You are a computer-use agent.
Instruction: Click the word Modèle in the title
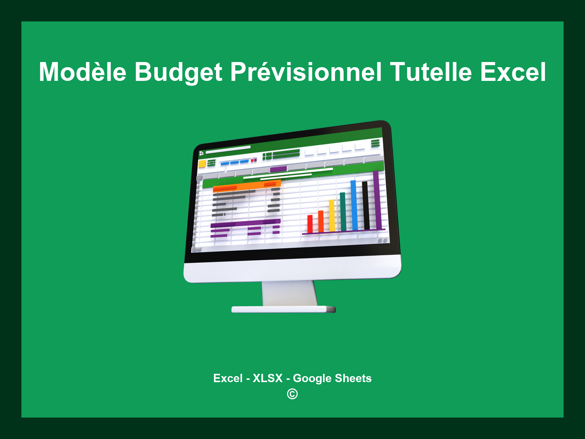(x=83, y=72)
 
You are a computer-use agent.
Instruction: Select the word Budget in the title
(x=178, y=73)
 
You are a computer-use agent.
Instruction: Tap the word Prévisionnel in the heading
(x=306, y=72)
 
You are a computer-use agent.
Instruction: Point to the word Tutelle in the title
(x=431, y=72)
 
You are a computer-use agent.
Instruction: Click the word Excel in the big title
(x=513, y=72)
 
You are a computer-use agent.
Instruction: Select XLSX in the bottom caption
(x=268, y=378)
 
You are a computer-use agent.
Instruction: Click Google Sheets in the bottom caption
(x=332, y=378)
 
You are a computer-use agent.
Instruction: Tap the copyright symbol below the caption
(x=292, y=394)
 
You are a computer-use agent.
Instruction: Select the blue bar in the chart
(x=354, y=205)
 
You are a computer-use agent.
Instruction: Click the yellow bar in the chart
(x=332, y=215)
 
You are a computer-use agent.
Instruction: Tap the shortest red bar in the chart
(x=310, y=224)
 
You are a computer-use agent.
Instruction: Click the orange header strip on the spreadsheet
(x=247, y=186)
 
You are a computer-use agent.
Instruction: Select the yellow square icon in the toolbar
(x=202, y=164)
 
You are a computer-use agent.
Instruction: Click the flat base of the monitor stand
(x=283, y=309)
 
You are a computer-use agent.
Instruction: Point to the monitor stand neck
(x=289, y=293)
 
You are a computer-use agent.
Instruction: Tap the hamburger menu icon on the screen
(x=375, y=143)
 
